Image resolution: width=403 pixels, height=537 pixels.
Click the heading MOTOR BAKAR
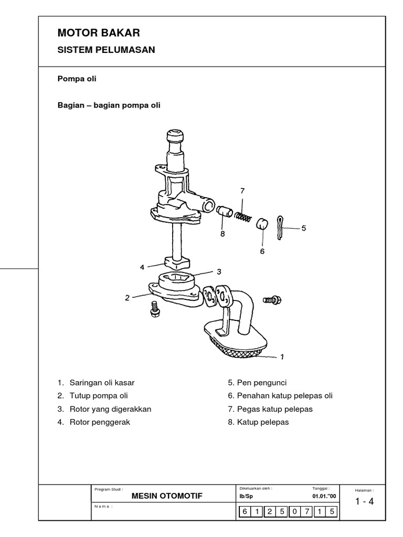point(99,33)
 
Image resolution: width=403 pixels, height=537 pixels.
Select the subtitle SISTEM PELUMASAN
point(106,50)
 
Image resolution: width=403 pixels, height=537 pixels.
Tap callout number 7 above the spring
point(242,191)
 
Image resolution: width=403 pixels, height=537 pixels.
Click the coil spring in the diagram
point(243,216)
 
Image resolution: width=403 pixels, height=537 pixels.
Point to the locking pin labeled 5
point(282,227)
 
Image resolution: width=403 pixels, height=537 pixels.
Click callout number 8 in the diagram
point(222,234)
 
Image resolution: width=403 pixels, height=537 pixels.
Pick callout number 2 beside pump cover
point(127,298)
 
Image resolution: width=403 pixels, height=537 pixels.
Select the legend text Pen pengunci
point(257,382)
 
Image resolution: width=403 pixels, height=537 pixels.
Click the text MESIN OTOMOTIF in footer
point(166,496)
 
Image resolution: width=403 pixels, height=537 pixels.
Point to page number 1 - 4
point(364,501)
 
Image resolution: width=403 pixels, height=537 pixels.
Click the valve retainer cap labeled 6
point(262,224)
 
